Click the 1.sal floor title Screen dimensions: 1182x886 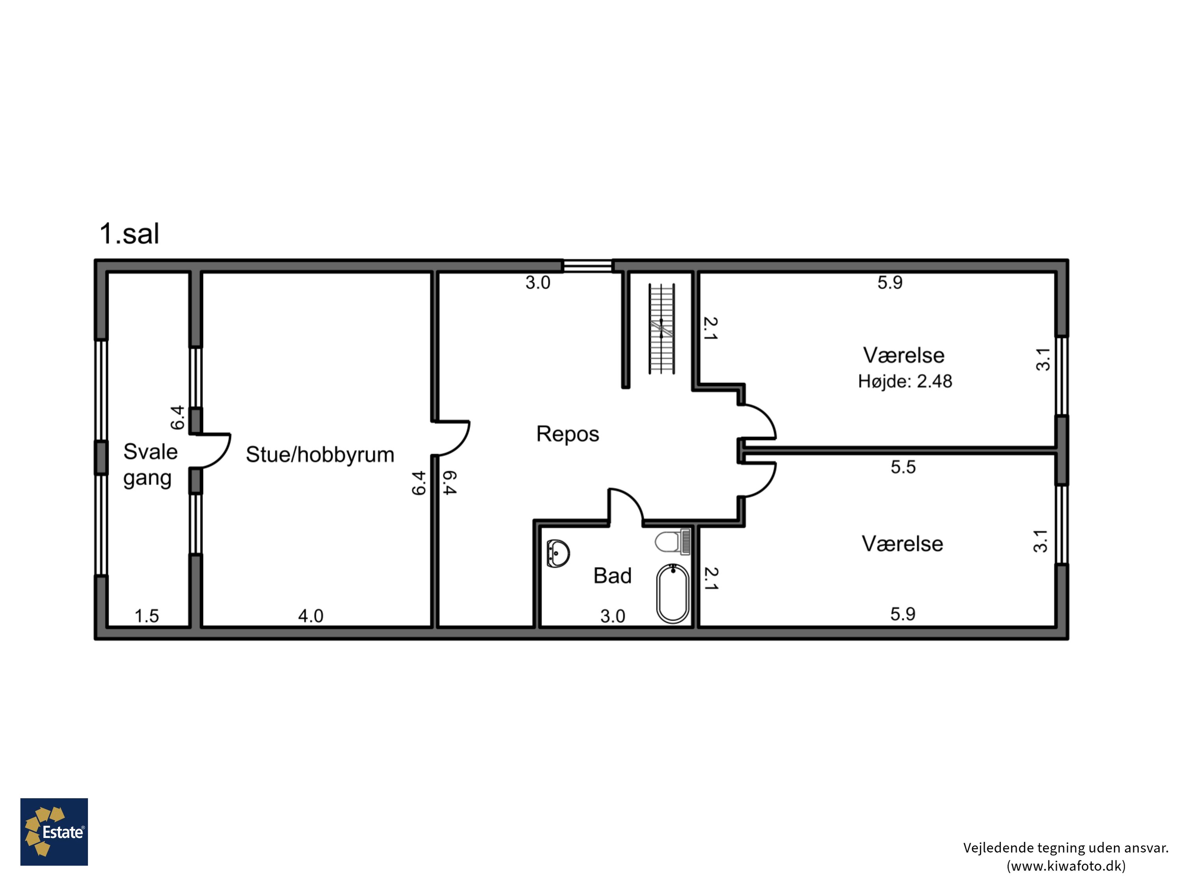[129, 234]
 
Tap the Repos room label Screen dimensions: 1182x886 [567, 434]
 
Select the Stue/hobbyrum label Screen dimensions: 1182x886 [320, 454]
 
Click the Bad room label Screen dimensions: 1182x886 [612, 576]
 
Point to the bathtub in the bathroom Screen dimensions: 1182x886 [673, 594]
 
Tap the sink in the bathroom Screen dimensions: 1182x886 [558, 553]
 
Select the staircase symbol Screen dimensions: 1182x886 [662, 328]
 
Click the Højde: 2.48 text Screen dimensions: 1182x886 [905, 381]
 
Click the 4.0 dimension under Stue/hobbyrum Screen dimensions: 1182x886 [310, 616]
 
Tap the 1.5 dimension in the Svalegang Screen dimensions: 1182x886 [147, 616]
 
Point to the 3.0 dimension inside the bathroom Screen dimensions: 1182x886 [612, 616]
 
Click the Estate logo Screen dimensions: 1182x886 [54, 832]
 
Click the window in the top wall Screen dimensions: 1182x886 [587, 265]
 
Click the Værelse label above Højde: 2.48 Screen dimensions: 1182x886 [903, 355]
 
